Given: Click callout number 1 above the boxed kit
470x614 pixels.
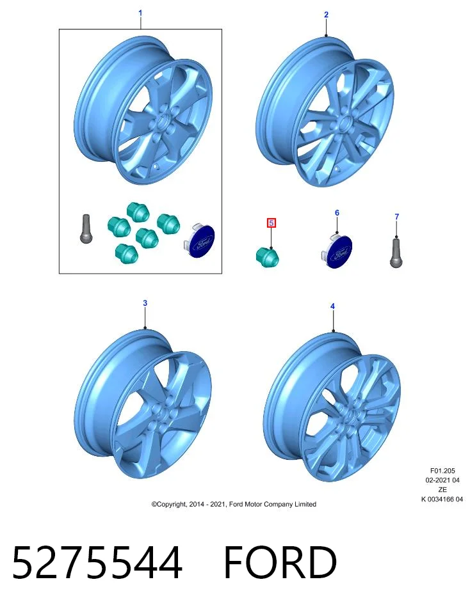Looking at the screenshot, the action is tap(140, 13).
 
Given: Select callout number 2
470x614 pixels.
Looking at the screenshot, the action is tap(326, 15).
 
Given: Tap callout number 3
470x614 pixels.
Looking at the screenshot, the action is tap(145, 303).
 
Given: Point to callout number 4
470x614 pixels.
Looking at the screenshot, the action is tap(332, 306).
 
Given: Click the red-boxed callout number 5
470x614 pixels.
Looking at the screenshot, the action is tap(271, 223).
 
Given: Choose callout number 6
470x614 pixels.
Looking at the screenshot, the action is tap(337, 212).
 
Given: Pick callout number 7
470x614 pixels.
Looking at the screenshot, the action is tap(397, 217).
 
